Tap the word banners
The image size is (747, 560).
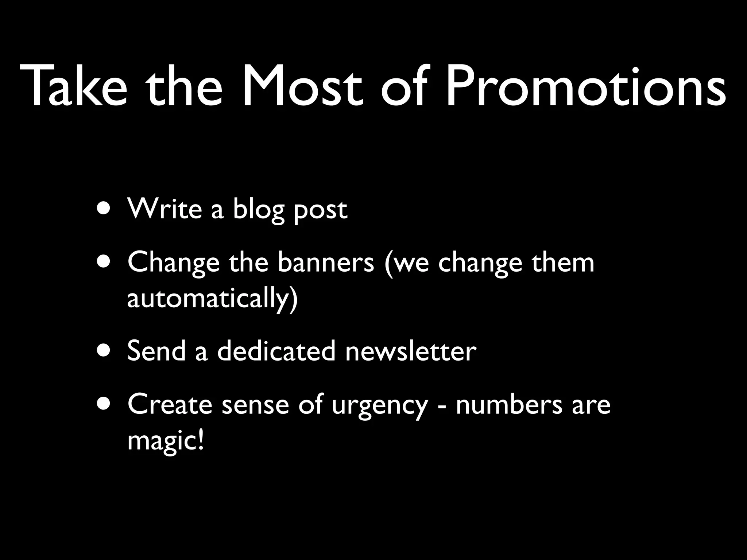click(326, 262)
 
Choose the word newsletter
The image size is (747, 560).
click(411, 351)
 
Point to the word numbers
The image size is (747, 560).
click(509, 404)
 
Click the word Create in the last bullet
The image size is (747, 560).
click(170, 404)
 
